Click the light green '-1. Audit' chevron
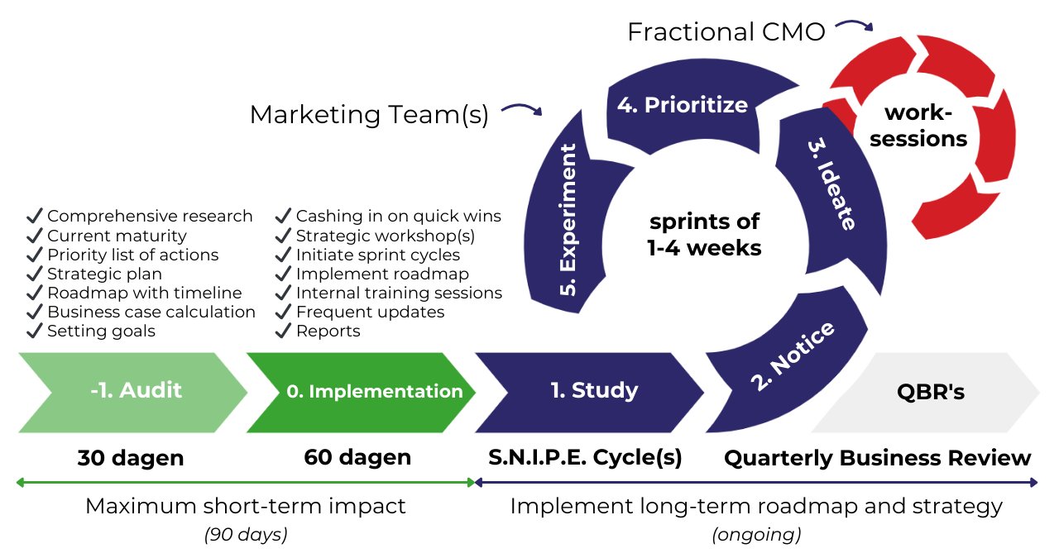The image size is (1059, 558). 132,392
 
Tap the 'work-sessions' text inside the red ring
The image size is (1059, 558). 918,126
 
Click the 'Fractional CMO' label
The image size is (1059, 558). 726,32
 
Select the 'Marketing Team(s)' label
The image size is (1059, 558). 369,114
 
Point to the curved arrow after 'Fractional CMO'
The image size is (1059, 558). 854,25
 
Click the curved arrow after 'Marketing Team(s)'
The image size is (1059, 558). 522,108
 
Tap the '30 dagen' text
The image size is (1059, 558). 131,458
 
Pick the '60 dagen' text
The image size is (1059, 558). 357,458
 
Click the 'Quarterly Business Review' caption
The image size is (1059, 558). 878,458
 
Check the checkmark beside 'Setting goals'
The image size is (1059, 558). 35,331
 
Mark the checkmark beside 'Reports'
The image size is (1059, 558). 283,331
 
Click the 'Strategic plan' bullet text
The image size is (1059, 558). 104,274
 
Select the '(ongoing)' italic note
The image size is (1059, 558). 756,535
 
